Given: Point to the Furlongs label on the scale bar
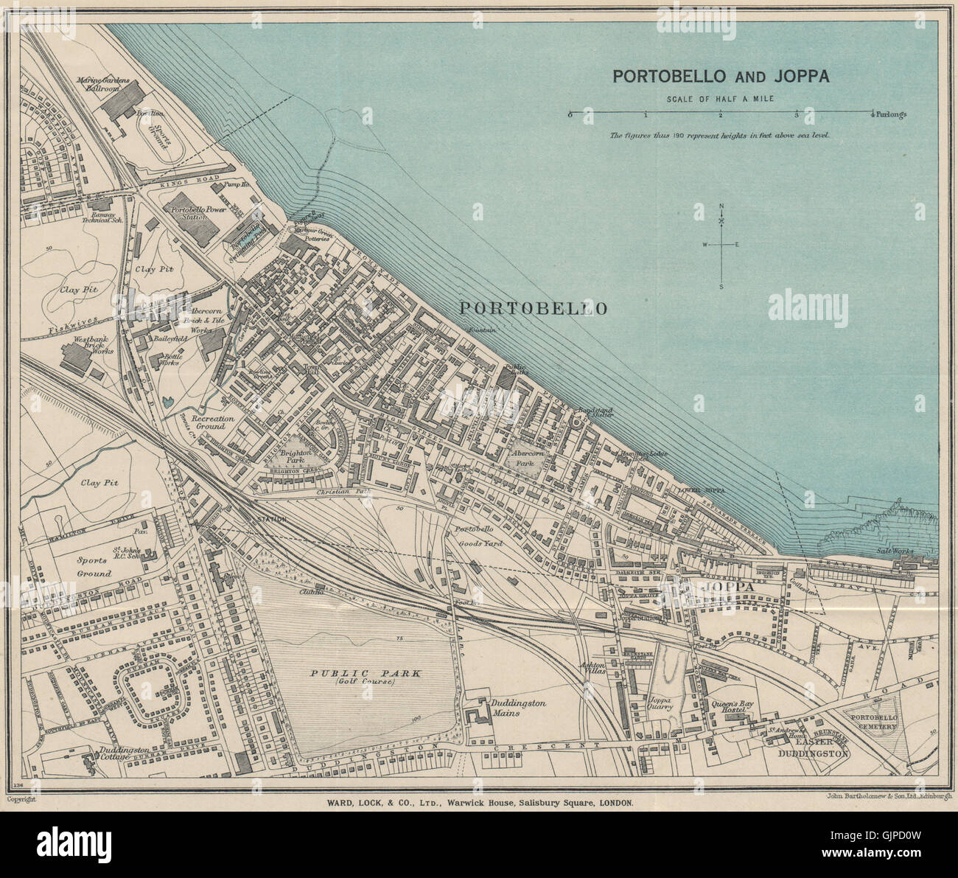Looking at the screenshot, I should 892,114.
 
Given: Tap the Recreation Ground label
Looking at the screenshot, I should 213,423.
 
